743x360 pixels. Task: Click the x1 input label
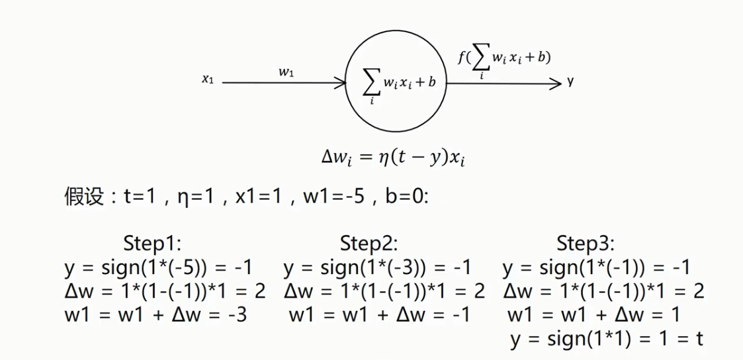pos(208,79)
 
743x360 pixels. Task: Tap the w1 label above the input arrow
pos(286,73)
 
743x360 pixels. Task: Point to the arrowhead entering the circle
pos(341,83)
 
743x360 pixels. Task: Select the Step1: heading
pos(152,243)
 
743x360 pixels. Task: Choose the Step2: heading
pos(369,243)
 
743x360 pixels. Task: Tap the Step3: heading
pos(586,243)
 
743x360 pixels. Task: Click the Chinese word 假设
pos(81,197)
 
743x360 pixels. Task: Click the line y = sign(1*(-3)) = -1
pos(377,267)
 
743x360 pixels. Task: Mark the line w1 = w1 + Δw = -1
pos(379,315)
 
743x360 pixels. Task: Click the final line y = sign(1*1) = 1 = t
pos(606,339)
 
